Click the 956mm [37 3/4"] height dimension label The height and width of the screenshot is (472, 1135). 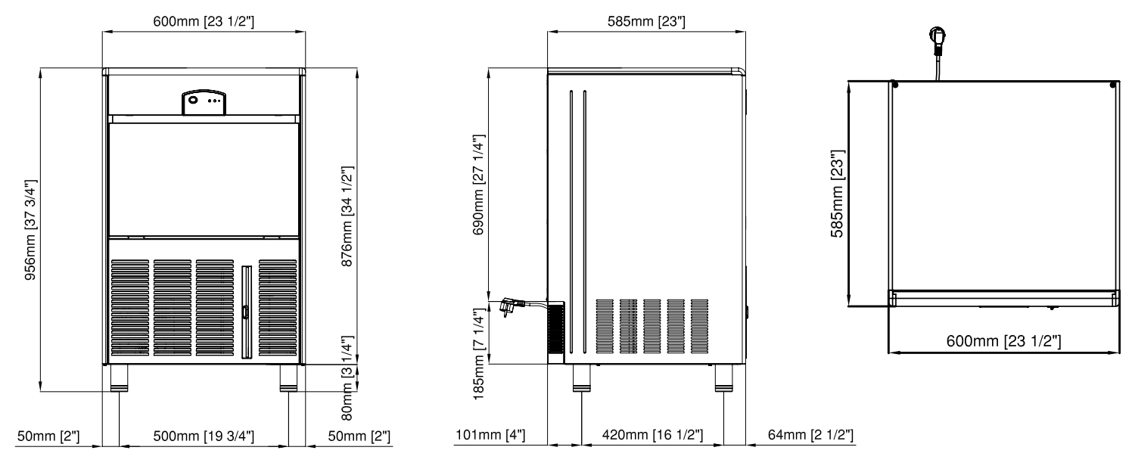31,230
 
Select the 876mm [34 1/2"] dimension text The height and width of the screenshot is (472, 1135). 347,217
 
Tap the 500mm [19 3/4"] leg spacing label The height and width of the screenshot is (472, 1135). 204,436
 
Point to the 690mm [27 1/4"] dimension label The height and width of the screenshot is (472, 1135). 479,185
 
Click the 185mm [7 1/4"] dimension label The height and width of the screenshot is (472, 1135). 479,355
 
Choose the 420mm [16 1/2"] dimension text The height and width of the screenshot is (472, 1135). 652,434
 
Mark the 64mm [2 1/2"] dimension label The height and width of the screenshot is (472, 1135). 810,434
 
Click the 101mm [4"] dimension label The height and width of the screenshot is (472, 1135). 490,434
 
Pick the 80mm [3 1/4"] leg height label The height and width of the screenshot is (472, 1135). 347,377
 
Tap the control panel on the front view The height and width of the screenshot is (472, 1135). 204,103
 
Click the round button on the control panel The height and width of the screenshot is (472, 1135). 193,100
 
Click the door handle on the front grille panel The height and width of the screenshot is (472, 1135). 246,312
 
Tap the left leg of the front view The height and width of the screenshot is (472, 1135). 119,378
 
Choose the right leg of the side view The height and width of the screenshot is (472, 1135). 723,378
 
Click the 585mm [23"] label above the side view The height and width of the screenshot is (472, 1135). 646,21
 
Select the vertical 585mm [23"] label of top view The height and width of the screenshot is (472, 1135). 837,194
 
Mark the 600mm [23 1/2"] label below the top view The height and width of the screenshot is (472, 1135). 1003,341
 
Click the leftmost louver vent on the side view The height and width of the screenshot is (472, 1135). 605,326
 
